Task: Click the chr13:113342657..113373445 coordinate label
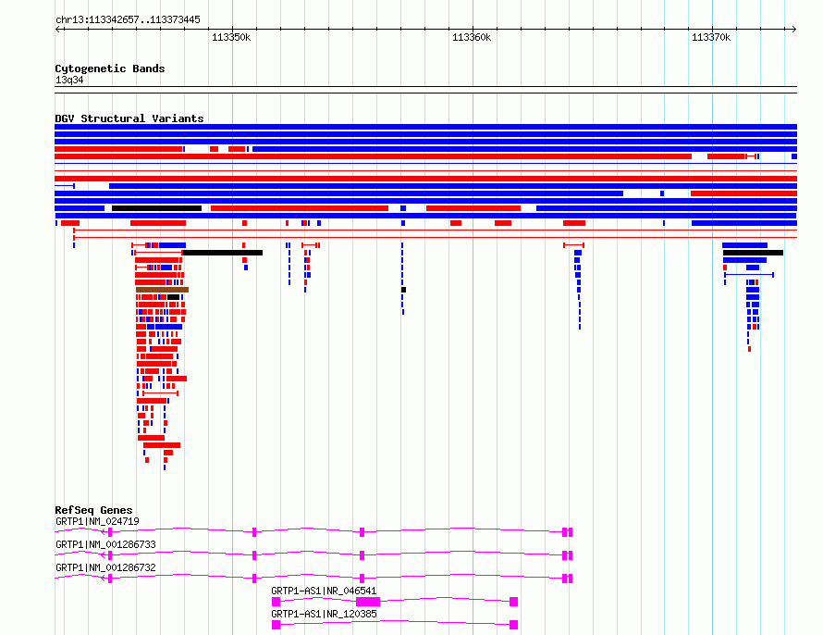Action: coord(128,20)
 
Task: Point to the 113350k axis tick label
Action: coord(231,37)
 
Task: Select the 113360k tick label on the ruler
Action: coord(472,37)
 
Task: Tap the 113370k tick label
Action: coord(711,37)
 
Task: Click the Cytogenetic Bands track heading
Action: coord(110,68)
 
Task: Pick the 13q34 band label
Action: coord(69,80)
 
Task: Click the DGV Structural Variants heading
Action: coord(129,118)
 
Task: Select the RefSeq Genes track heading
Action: coord(93,510)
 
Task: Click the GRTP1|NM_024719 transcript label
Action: coord(97,521)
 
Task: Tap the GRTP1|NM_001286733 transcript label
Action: coord(105,544)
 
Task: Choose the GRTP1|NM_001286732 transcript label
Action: coord(105,567)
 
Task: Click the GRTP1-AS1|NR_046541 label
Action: coord(324,591)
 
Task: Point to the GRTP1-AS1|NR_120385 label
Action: coord(324,614)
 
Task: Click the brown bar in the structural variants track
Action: coord(162,290)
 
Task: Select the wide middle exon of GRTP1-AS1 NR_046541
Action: coord(368,602)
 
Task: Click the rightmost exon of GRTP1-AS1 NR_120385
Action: coord(514,625)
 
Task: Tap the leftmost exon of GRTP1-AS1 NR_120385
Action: coord(276,625)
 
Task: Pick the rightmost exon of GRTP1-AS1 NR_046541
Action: coord(514,602)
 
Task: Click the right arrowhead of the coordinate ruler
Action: coord(794,30)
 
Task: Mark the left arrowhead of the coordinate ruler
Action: coord(57,30)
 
